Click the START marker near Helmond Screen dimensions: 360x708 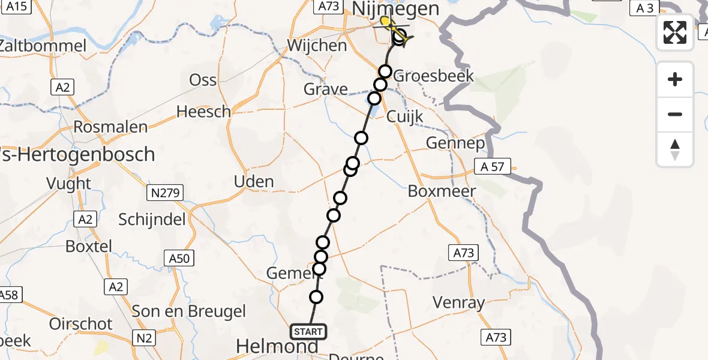(x=308, y=331)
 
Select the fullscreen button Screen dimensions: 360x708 (x=675, y=32)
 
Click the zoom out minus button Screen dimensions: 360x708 (x=675, y=114)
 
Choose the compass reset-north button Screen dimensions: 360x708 (x=675, y=149)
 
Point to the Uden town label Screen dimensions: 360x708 (x=253, y=182)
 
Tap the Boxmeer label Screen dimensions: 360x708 (x=442, y=191)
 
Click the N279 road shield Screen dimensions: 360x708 (x=165, y=193)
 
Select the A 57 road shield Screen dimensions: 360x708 (x=492, y=167)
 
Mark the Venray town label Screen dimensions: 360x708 (x=458, y=303)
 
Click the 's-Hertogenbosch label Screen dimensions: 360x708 (x=78, y=154)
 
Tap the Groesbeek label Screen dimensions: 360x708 (x=434, y=76)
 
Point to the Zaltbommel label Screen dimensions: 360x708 (x=43, y=46)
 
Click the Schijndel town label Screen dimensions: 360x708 (x=152, y=220)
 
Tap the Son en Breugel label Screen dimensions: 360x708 (x=189, y=311)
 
